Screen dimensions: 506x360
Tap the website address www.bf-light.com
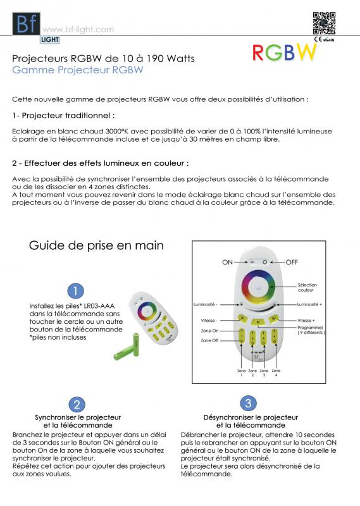pos(78,29)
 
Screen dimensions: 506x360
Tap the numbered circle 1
pos(76,290)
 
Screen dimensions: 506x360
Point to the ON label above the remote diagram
pos(228,262)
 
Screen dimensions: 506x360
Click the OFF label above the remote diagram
pos(291,262)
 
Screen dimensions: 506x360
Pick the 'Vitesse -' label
pos(209,320)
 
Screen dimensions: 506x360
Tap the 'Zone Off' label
pos(209,340)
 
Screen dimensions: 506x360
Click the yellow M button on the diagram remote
pos(259,323)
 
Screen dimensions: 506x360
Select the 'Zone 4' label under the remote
pos(276,373)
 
